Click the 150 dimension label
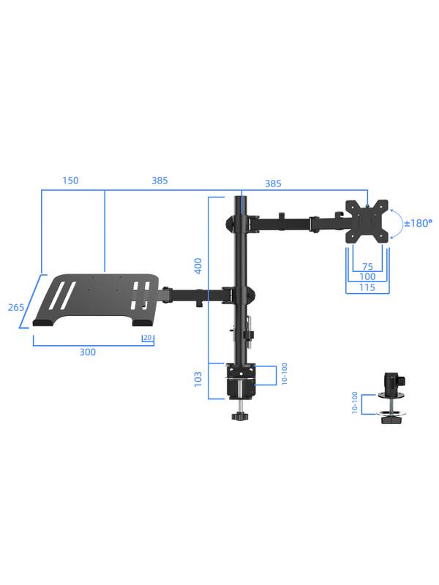point(70,181)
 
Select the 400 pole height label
point(198,265)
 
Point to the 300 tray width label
point(87,352)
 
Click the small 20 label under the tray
point(149,338)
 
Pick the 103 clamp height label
point(198,379)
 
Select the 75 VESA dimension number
point(367,267)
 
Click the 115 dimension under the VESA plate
point(367,287)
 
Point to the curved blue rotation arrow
point(396,223)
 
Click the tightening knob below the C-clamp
point(239,417)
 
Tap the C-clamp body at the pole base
point(241,380)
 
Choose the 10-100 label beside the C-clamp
point(284,374)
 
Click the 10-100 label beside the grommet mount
point(355,403)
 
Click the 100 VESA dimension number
point(367,277)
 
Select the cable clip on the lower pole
point(247,329)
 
